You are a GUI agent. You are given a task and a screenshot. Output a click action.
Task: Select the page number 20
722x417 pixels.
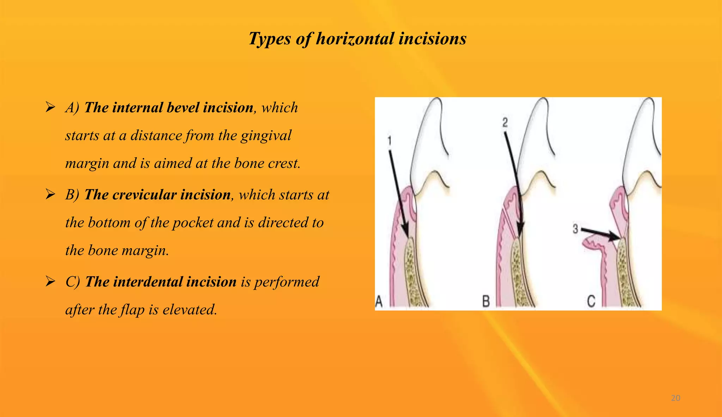point(675,398)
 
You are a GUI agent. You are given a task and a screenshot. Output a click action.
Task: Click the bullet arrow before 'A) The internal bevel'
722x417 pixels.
point(50,107)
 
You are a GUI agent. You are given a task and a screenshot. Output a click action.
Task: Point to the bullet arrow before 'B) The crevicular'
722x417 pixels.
point(50,194)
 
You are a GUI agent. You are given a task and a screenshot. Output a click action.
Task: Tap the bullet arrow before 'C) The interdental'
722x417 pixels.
point(50,281)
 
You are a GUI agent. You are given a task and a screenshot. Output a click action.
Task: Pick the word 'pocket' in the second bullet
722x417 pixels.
point(192,223)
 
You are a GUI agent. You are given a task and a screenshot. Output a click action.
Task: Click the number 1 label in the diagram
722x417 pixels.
point(390,141)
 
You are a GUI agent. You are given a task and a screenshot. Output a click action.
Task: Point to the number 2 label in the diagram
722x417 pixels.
point(505,123)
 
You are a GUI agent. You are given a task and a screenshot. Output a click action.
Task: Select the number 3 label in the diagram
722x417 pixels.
point(575,229)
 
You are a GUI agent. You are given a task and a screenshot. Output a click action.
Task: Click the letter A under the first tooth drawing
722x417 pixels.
point(379,302)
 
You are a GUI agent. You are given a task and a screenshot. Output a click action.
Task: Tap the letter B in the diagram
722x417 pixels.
point(486,302)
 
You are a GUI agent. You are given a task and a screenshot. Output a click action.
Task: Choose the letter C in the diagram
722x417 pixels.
point(591,302)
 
